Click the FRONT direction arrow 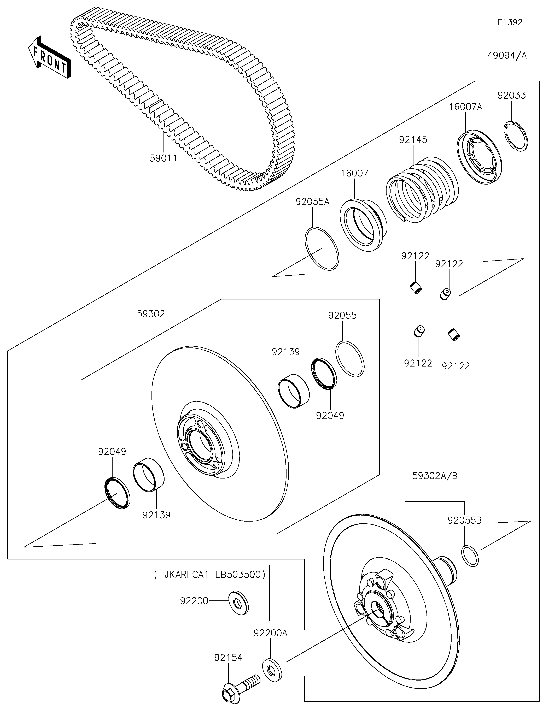[49, 57]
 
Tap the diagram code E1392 [510, 22]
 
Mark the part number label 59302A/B [435, 476]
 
